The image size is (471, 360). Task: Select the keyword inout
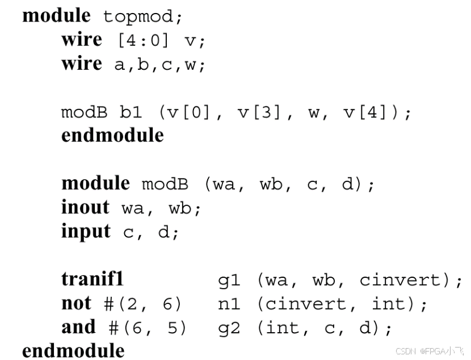85,207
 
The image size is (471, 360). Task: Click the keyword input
86,231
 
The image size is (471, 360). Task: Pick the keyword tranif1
92,279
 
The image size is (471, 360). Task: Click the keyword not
76,304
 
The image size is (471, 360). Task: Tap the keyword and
78,328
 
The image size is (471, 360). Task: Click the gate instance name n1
229,304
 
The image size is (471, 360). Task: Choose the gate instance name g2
229,328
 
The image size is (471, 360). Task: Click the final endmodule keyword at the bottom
73,350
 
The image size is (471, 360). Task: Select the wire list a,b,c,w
159,65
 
